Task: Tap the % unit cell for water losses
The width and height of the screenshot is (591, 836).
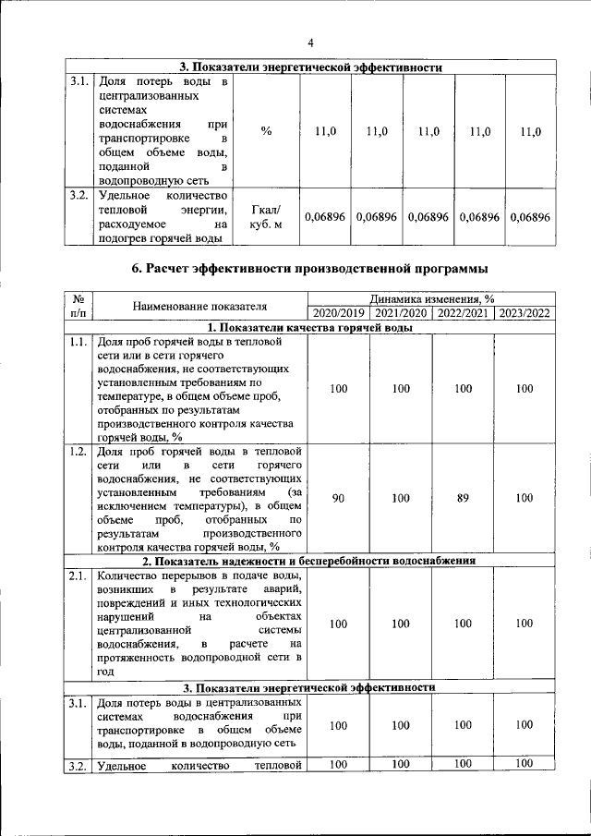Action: click(266, 132)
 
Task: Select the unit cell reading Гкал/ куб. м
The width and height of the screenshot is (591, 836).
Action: click(266, 216)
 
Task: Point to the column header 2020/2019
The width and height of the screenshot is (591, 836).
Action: click(338, 313)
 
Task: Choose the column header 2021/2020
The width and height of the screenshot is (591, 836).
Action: click(400, 313)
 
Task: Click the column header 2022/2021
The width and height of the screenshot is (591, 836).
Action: click(463, 313)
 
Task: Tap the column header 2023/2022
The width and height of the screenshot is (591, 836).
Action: click(525, 313)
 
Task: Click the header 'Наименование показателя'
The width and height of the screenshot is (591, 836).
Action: click(199, 306)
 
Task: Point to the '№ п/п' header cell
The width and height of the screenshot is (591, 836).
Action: click(78, 306)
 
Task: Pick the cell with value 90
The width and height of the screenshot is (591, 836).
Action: click(338, 498)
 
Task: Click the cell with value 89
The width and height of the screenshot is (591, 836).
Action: click(463, 498)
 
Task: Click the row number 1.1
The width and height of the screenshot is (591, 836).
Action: click(78, 343)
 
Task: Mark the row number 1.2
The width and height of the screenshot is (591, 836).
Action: click(78, 452)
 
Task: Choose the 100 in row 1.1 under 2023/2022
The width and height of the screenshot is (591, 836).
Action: click(525, 389)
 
